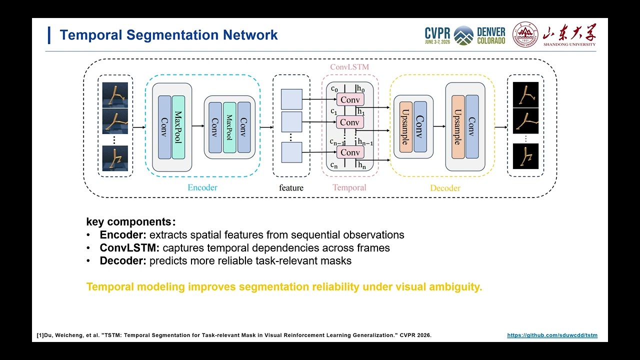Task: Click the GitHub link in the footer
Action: [552, 335]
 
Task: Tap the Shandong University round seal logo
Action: [525, 34]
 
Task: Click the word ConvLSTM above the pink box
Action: [349, 67]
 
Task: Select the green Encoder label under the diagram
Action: [202, 187]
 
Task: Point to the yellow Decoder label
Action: [445, 188]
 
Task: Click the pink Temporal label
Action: [349, 187]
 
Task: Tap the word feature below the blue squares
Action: [291, 187]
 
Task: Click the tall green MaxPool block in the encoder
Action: [178, 127]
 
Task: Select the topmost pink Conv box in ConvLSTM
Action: [350, 99]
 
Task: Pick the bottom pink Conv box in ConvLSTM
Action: [350, 152]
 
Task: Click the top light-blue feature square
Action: [291, 99]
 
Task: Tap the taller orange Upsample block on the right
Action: [458, 127]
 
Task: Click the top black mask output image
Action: [525, 95]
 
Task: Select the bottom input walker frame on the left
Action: [115, 158]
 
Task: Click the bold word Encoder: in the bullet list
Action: [123, 235]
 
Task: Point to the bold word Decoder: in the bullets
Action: [123, 261]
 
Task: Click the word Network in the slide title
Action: [250, 35]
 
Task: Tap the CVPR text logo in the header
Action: [437, 35]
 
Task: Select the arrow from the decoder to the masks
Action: [501, 127]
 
